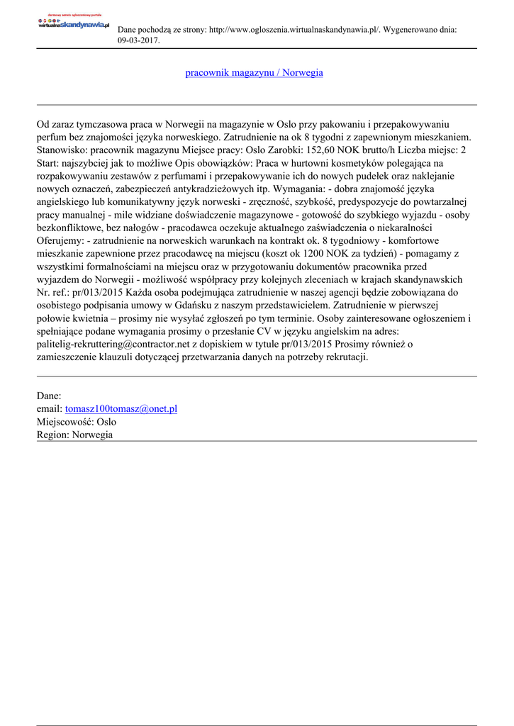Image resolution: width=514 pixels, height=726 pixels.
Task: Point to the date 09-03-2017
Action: tap(138, 41)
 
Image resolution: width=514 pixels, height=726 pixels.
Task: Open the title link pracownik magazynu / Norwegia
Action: tap(254, 73)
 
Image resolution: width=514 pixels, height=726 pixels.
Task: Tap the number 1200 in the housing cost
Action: tap(315, 253)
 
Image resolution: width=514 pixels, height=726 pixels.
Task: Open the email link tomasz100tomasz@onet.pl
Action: tap(121, 409)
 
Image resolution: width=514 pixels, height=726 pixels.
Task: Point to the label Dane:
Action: tap(49, 396)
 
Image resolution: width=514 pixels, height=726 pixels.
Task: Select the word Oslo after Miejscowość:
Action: tap(106, 422)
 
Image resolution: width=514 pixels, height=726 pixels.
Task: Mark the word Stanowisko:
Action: tap(62, 150)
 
